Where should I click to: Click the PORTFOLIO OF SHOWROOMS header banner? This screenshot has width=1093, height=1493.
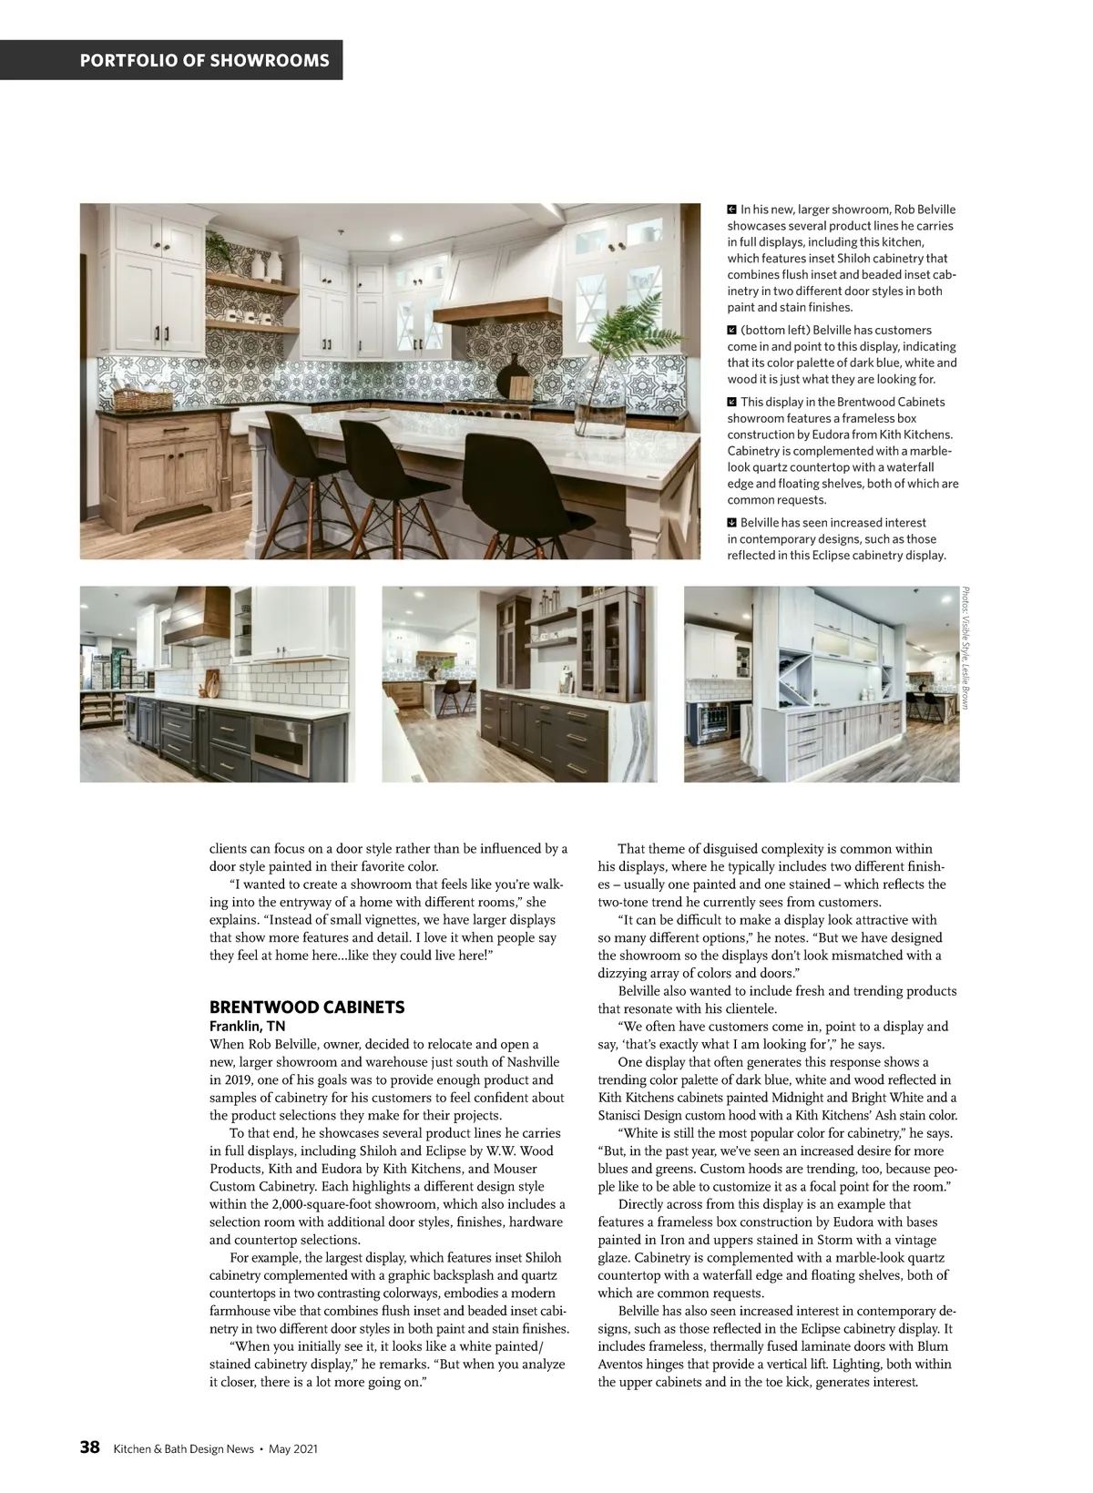[205, 61]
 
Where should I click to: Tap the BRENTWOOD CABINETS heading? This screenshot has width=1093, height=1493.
[307, 1007]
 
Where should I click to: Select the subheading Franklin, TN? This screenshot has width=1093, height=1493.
[247, 1027]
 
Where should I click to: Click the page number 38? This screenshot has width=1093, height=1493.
[89, 1447]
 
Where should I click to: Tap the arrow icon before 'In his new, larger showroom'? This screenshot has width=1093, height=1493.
[732, 210]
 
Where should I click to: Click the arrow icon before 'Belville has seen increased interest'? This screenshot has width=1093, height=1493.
[732, 523]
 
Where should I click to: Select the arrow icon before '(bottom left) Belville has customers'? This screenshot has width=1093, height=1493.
[732, 330]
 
